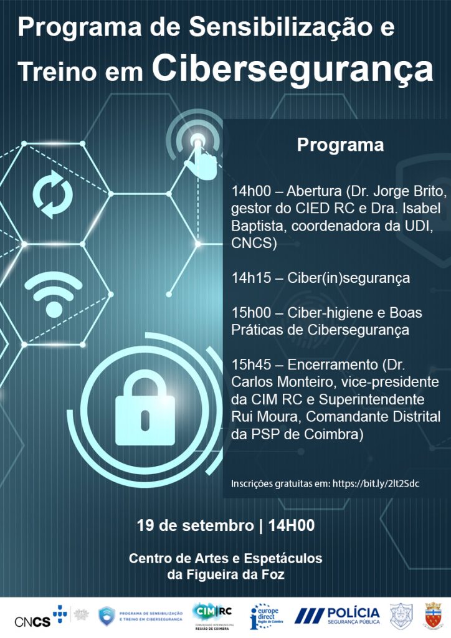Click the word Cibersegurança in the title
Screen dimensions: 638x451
point(292,69)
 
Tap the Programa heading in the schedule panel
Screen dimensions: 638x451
point(339,145)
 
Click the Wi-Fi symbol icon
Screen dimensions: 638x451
point(54,292)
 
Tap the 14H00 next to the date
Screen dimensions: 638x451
point(291,525)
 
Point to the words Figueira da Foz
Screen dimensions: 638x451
point(225,574)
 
